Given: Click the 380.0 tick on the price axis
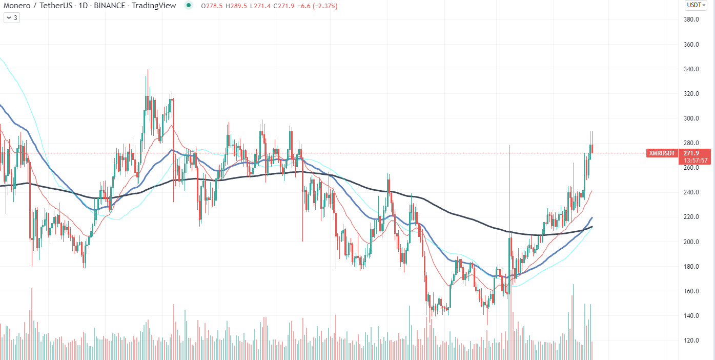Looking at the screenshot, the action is tap(691, 19).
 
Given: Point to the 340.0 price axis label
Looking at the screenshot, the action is tap(691, 69).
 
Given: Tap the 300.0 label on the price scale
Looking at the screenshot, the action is tap(691, 118).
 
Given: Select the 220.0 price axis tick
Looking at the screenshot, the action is tap(691, 217).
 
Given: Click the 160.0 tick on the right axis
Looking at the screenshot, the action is tap(691, 291).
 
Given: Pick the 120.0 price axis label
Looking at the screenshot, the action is tap(691, 341).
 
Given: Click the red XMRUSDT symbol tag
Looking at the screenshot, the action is tap(662, 153).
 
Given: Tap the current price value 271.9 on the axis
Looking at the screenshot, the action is tap(691, 153).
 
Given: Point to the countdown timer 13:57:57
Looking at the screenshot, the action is tap(696, 161).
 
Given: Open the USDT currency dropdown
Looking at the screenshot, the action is tap(696, 5).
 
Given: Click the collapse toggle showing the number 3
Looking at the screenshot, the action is tap(12, 18).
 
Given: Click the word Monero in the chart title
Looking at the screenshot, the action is tap(17, 6).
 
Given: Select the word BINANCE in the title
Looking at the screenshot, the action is tap(110, 6).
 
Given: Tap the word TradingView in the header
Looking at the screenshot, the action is tap(154, 6).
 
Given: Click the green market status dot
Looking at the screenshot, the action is tap(189, 6).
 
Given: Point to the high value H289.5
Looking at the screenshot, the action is tap(236, 6).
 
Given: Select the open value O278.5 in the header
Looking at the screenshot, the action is tap(212, 6).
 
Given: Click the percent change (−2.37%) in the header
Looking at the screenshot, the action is tap(325, 6).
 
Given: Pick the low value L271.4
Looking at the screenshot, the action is tap(260, 6).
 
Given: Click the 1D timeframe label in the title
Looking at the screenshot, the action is tap(83, 6).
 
